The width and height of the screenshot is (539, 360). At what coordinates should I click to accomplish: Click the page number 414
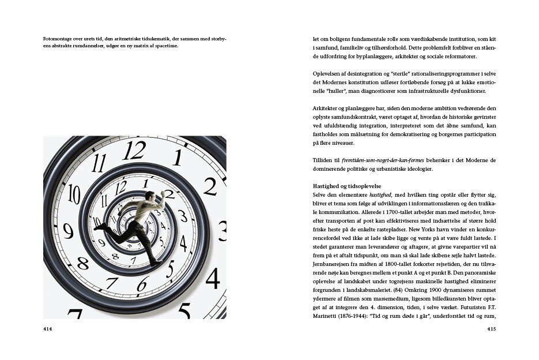[47, 329]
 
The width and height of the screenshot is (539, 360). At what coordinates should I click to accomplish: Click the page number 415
[491, 329]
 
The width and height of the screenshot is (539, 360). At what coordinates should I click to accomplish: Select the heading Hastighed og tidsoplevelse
[345, 187]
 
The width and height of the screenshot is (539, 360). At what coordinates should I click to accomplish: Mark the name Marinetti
[325, 316]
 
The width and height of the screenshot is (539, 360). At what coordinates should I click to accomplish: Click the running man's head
[149, 196]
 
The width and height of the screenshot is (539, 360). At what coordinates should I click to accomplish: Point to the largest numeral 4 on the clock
[213, 279]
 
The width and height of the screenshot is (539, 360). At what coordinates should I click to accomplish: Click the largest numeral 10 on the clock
[74, 194]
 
